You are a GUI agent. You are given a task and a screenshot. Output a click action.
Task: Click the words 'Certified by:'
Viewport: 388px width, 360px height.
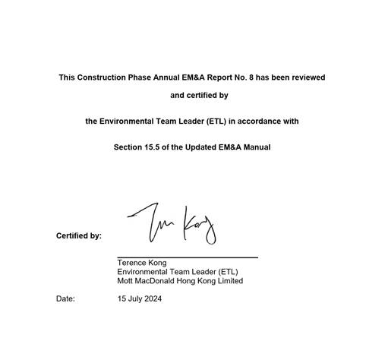(79, 236)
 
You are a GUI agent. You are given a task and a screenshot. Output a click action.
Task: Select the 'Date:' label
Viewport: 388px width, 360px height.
(65, 299)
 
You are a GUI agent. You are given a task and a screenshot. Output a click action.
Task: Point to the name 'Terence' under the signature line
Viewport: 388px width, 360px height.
(131, 263)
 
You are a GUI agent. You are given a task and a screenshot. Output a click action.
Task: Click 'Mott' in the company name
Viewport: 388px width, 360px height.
(126, 281)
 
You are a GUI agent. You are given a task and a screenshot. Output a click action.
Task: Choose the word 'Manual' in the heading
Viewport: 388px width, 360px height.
(256, 147)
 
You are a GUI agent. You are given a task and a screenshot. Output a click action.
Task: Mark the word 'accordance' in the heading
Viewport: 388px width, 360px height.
(255, 122)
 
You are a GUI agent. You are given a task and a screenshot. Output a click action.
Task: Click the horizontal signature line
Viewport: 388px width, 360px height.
(188, 257)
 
